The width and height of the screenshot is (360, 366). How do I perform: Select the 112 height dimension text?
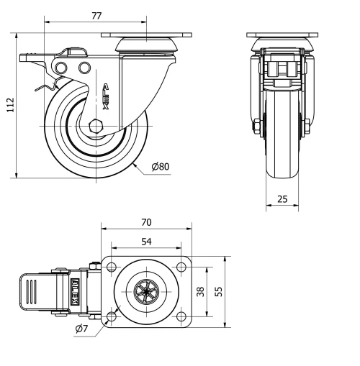pos(8,105)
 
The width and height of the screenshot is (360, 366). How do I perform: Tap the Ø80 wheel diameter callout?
pos(160,167)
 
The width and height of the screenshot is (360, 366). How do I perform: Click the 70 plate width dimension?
pos(147,222)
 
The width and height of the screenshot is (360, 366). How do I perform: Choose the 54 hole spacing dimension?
pos(146,242)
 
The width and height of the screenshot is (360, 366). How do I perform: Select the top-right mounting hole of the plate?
pos(182,267)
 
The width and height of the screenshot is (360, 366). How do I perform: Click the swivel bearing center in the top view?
pos(146,292)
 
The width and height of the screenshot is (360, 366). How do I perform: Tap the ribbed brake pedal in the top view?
pos(31,292)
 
